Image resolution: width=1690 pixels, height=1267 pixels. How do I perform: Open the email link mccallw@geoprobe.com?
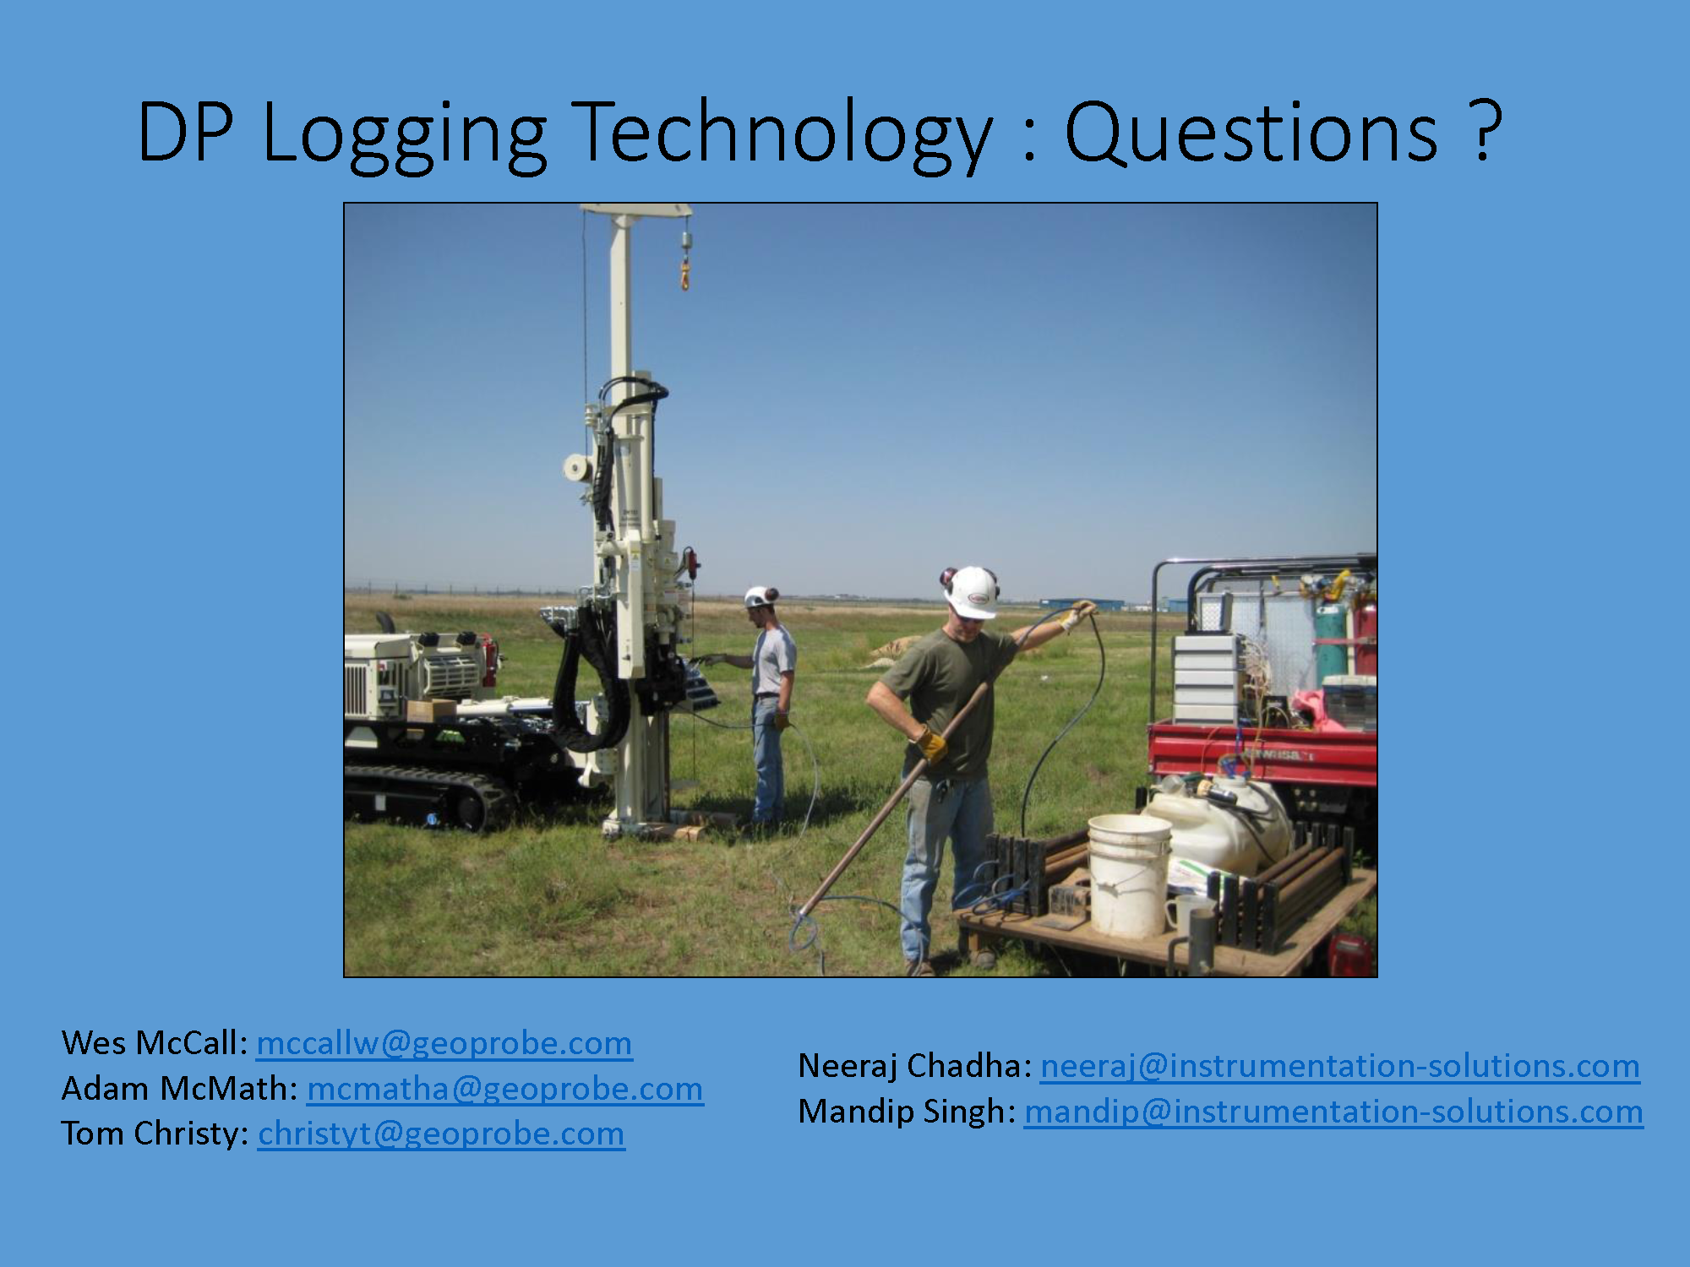[444, 1043]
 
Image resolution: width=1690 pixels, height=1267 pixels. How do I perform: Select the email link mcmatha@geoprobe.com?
[504, 1089]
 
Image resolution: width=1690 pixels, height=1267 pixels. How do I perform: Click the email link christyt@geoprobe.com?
[441, 1134]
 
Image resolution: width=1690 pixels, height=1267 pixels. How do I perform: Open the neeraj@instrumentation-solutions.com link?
[1340, 1066]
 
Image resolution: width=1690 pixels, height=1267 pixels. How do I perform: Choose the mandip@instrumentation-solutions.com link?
[1333, 1112]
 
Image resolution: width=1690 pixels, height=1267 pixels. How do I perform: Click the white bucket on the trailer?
[1129, 876]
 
